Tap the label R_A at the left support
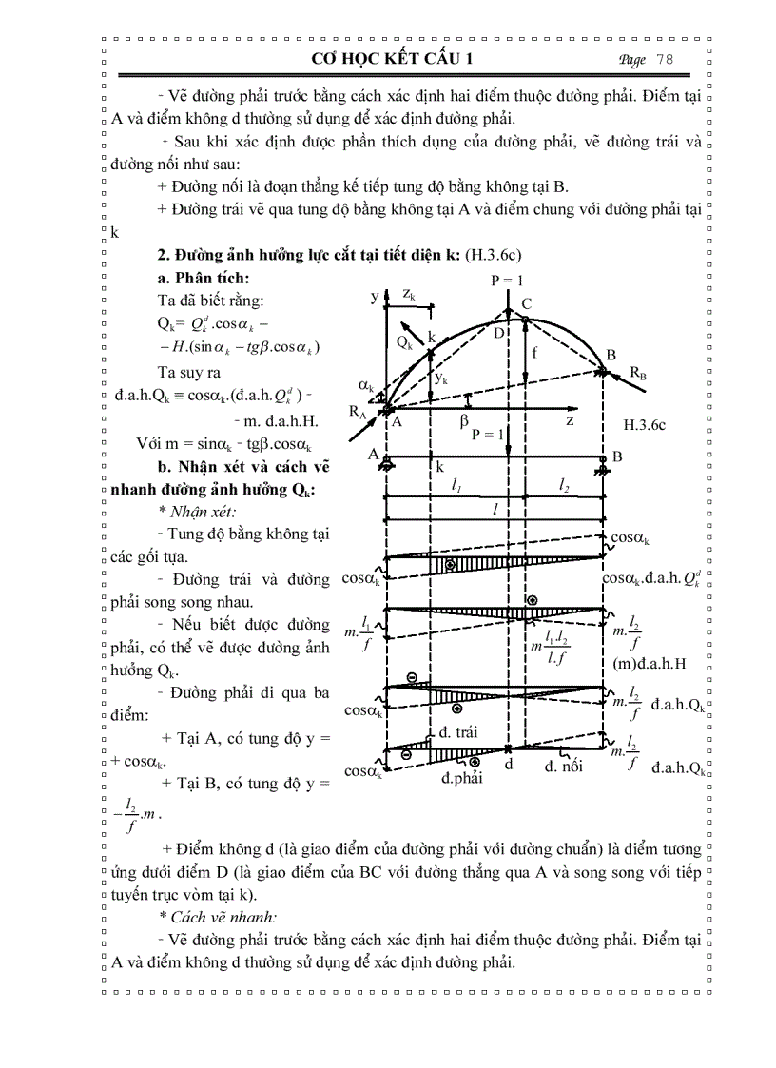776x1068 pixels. tap(356, 414)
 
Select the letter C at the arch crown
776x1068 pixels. tap(526, 303)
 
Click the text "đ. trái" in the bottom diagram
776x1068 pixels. tap(457, 731)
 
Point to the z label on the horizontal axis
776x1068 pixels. tap(569, 419)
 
